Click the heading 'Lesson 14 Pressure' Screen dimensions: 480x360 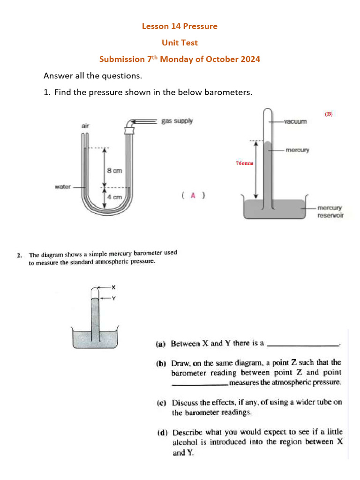(180, 26)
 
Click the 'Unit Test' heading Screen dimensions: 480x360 (180, 43)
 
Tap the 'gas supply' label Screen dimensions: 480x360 (177, 121)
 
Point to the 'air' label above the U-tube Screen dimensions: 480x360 (85, 126)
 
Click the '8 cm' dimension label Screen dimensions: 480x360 (114, 171)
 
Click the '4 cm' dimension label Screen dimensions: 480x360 (114, 197)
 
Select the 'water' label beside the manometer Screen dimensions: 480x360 (63, 187)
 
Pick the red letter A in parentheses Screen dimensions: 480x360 (193, 195)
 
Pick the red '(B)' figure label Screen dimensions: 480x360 (329, 113)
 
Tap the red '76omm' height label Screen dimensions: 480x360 (244, 163)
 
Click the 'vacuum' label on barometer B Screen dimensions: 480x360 (295, 121)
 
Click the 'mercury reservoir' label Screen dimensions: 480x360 (330, 211)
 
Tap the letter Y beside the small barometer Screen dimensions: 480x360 (113, 297)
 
